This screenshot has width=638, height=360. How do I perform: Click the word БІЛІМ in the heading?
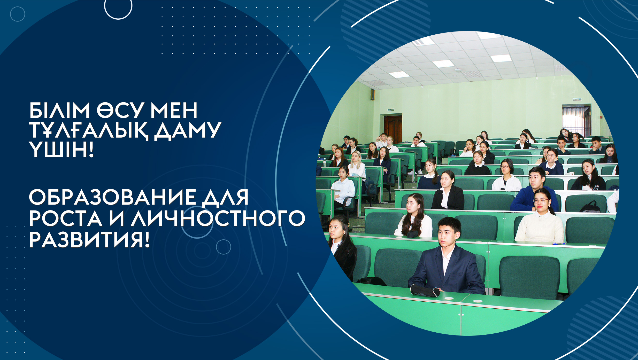[59, 110]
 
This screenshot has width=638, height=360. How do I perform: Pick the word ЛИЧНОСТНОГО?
[218, 218]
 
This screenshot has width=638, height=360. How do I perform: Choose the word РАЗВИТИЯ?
[89, 240]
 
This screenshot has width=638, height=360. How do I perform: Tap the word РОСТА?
[66, 218]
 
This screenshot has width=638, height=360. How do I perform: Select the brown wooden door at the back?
[393, 129]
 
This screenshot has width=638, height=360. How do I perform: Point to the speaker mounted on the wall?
[373, 95]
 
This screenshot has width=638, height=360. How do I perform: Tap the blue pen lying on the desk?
[558, 244]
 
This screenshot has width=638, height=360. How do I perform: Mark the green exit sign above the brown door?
[391, 110]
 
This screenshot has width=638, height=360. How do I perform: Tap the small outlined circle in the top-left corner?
[18, 14]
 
